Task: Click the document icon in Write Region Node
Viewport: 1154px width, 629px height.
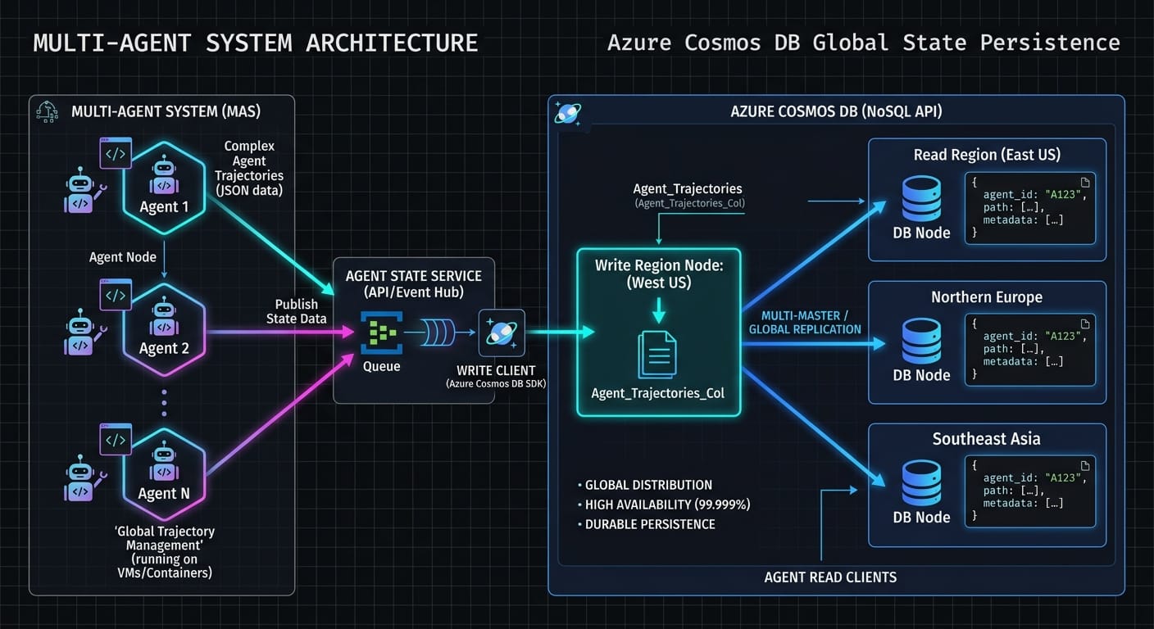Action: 657,354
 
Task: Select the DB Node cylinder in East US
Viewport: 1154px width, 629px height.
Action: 921,198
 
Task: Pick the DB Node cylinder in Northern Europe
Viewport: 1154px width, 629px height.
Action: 921,341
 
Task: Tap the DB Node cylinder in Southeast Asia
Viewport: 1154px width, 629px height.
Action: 921,483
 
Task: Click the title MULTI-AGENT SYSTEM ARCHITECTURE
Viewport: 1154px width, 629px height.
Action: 255,43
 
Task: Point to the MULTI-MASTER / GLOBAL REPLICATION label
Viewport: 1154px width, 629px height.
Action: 805,322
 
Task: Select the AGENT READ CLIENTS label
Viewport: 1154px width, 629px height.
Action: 830,577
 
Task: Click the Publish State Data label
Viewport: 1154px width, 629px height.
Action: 296,311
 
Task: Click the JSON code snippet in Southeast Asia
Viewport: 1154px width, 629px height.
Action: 1030,491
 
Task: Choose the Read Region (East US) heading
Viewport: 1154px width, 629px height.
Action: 987,155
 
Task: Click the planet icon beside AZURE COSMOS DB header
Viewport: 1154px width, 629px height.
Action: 567,113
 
